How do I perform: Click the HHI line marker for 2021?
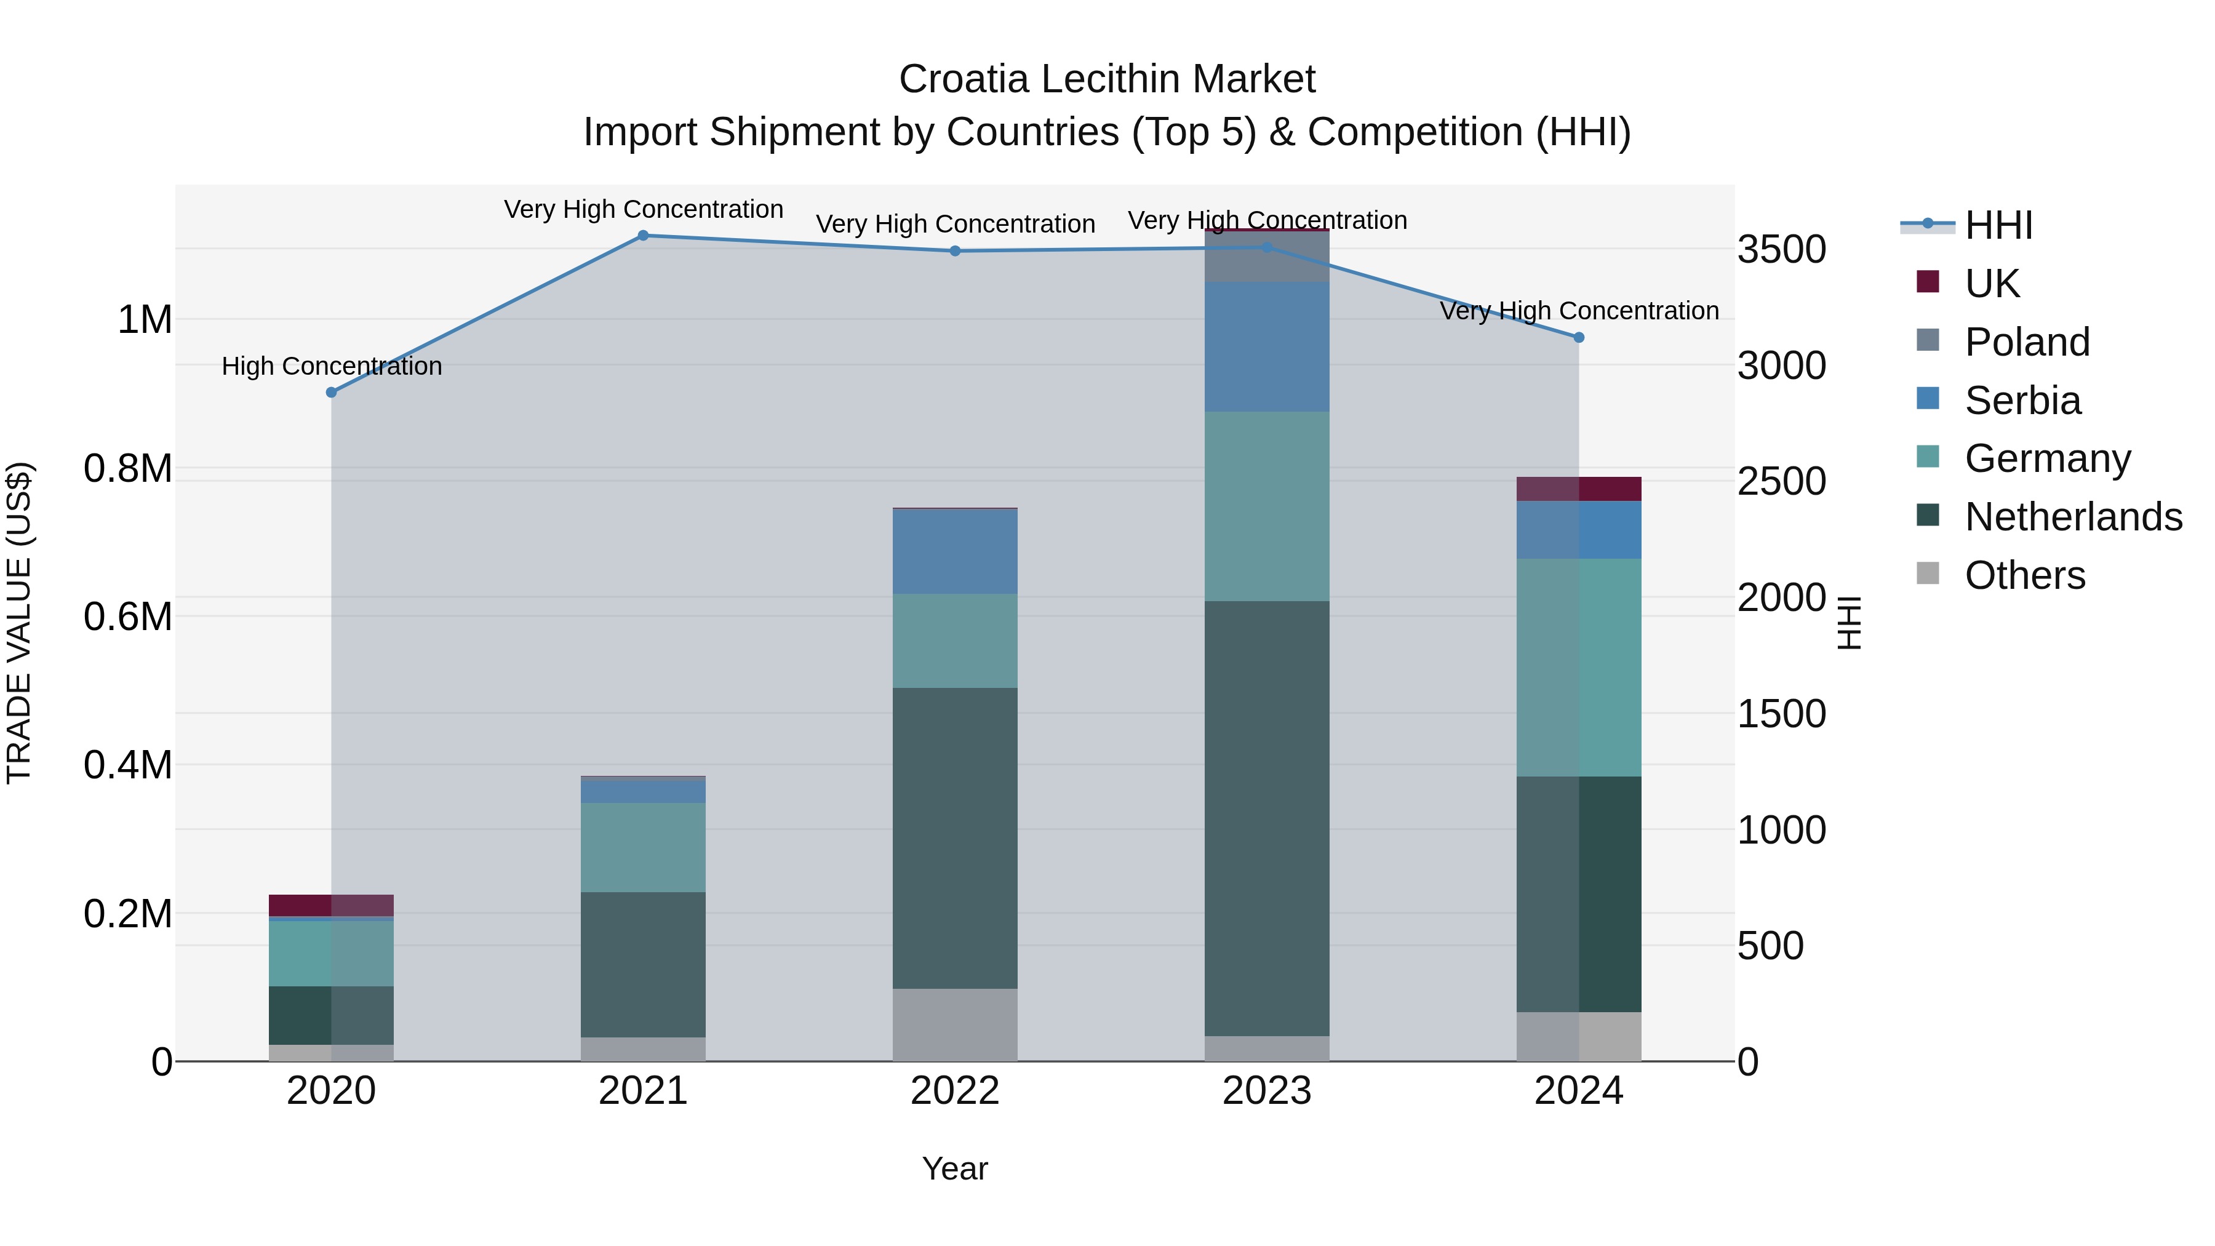[642, 236]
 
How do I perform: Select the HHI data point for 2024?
[1579, 338]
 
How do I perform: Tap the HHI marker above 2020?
[331, 392]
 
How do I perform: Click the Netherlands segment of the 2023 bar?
[1267, 817]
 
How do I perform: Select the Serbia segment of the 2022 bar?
[954, 551]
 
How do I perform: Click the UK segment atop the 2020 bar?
[331, 905]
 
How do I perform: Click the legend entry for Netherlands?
[2073, 517]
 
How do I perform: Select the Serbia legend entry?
[2022, 401]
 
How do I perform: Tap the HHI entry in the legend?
[1998, 225]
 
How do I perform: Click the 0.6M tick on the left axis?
[128, 617]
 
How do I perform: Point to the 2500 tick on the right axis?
[1781, 482]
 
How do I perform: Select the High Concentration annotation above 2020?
[332, 366]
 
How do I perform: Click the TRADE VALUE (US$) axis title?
[20, 623]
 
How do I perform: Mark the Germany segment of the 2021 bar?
[642, 847]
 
